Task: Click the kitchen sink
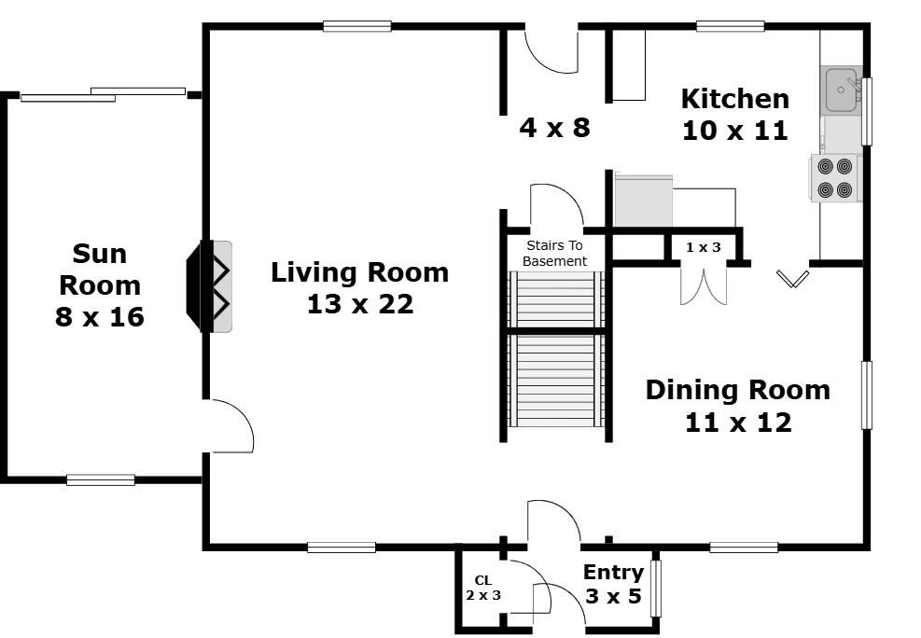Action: [842, 90]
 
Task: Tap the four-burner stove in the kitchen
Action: [834, 178]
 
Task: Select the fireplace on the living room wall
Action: [209, 286]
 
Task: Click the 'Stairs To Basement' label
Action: [554, 254]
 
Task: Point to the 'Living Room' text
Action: [359, 273]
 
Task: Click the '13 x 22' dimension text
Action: [360, 304]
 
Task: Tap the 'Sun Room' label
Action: [100, 270]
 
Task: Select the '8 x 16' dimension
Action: [100, 317]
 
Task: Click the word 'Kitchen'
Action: [734, 99]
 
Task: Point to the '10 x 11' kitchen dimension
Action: [734, 131]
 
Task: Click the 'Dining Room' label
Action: [738, 390]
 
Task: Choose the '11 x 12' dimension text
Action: [738, 423]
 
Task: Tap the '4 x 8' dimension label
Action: [554, 128]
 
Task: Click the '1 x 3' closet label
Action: [703, 248]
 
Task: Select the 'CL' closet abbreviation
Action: [482, 580]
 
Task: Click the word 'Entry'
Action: [613, 573]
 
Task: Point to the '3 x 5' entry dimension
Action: [613, 596]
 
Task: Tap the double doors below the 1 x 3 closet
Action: [703, 285]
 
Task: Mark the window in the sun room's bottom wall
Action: [101, 480]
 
